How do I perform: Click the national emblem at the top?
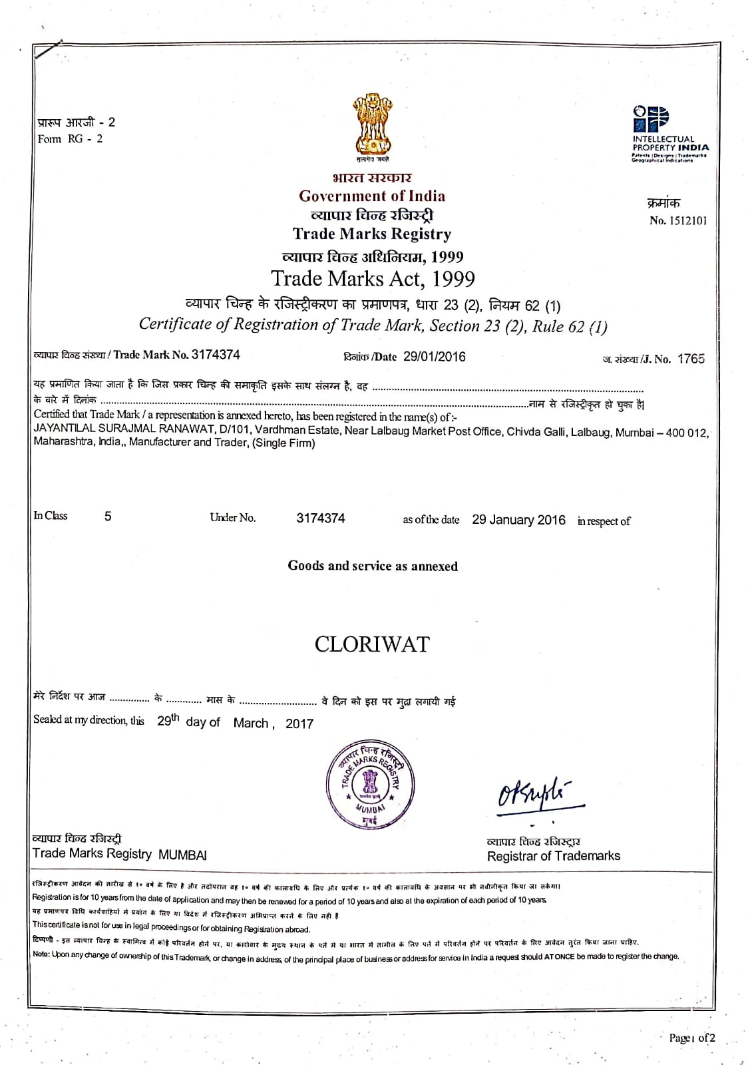tap(372, 126)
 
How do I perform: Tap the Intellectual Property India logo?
tap(669, 133)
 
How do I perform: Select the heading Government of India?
tap(372, 196)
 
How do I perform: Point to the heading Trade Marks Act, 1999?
tap(373, 278)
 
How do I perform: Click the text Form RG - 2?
tap(71, 139)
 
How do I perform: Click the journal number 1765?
tap(691, 359)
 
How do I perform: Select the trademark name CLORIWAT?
tap(372, 644)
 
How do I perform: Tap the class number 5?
tap(108, 517)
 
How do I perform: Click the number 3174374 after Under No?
tap(321, 519)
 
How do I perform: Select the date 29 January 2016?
tap(518, 520)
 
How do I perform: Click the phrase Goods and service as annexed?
tap(373, 566)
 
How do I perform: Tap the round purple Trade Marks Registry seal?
tap(369, 783)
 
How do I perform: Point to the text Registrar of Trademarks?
tap(554, 856)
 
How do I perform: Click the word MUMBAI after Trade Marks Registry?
tap(182, 855)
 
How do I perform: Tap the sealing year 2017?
tap(299, 724)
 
